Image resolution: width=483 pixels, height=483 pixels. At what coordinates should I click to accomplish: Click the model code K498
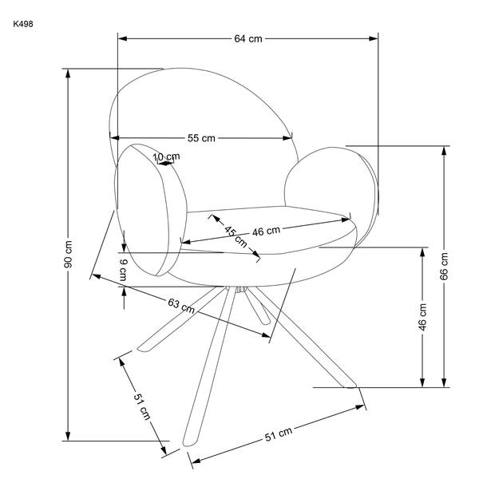click(x=23, y=24)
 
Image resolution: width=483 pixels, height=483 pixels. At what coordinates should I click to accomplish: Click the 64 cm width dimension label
click(x=248, y=39)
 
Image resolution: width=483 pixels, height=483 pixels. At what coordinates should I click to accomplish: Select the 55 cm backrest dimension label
click(x=201, y=138)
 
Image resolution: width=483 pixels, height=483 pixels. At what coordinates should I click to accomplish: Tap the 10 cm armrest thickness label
click(x=167, y=156)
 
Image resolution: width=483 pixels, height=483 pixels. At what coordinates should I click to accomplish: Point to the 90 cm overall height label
click(x=69, y=254)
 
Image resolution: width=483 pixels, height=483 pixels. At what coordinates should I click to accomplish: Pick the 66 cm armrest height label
click(x=444, y=266)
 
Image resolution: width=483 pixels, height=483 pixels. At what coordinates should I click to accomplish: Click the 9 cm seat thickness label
click(x=123, y=270)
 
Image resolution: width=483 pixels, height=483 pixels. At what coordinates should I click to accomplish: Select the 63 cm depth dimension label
click(x=181, y=306)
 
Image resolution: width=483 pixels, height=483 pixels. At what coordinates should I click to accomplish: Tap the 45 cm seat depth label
click(x=236, y=236)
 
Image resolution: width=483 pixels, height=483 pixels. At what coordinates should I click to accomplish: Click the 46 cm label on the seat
click(x=266, y=231)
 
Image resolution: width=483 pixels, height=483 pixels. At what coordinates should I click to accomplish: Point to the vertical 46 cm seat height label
click(x=422, y=317)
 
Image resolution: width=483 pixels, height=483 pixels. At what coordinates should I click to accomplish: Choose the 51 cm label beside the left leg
click(x=142, y=406)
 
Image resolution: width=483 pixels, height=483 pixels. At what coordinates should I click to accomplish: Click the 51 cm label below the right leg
click(x=279, y=434)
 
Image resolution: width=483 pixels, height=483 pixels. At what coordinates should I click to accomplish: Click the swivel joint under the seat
click(x=241, y=289)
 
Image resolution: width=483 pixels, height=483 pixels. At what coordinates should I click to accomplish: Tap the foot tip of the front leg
click(x=188, y=444)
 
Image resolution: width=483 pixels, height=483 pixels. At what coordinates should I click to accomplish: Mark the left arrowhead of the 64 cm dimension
click(x=122, y=38)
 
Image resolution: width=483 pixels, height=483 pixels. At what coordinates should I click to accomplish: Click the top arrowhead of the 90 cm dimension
click(x=68, y=73)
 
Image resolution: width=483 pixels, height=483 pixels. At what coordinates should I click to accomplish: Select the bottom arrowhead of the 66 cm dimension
click(x=444, y=382)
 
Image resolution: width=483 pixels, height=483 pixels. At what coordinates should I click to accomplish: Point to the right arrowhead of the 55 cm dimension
click(x=287, y=138)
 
